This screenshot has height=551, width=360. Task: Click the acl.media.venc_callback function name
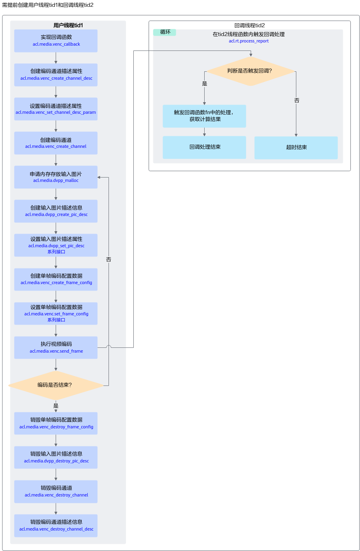(56, 44)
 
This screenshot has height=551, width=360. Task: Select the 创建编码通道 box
(56, 143)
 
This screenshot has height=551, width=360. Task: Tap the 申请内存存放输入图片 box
(56, 177)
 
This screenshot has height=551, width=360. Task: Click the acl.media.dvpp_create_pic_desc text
(56, 214)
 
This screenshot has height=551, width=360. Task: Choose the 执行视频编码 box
(56, 347)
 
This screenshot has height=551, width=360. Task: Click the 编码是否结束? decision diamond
(56, 385)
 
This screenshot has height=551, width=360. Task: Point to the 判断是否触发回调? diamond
(251, 71)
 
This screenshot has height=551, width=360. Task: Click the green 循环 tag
(165, 32)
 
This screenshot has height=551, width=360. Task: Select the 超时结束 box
(296, 147)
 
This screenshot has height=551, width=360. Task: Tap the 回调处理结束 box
(205, 147)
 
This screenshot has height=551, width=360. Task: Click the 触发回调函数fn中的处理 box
(205, 116)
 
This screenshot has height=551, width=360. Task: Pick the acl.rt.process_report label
(249, 41)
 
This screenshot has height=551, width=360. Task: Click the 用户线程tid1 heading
(68, 25)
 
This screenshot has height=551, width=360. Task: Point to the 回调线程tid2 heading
(249, 25)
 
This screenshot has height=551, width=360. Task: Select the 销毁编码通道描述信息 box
(56, 526)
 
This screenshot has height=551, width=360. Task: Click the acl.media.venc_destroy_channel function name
(56, 495)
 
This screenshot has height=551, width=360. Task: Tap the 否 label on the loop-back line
(109, 260)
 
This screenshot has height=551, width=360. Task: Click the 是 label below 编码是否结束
(56, 406)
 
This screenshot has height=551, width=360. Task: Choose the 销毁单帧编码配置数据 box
(56, 423)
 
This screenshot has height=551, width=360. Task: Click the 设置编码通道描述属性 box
(56, 109)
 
